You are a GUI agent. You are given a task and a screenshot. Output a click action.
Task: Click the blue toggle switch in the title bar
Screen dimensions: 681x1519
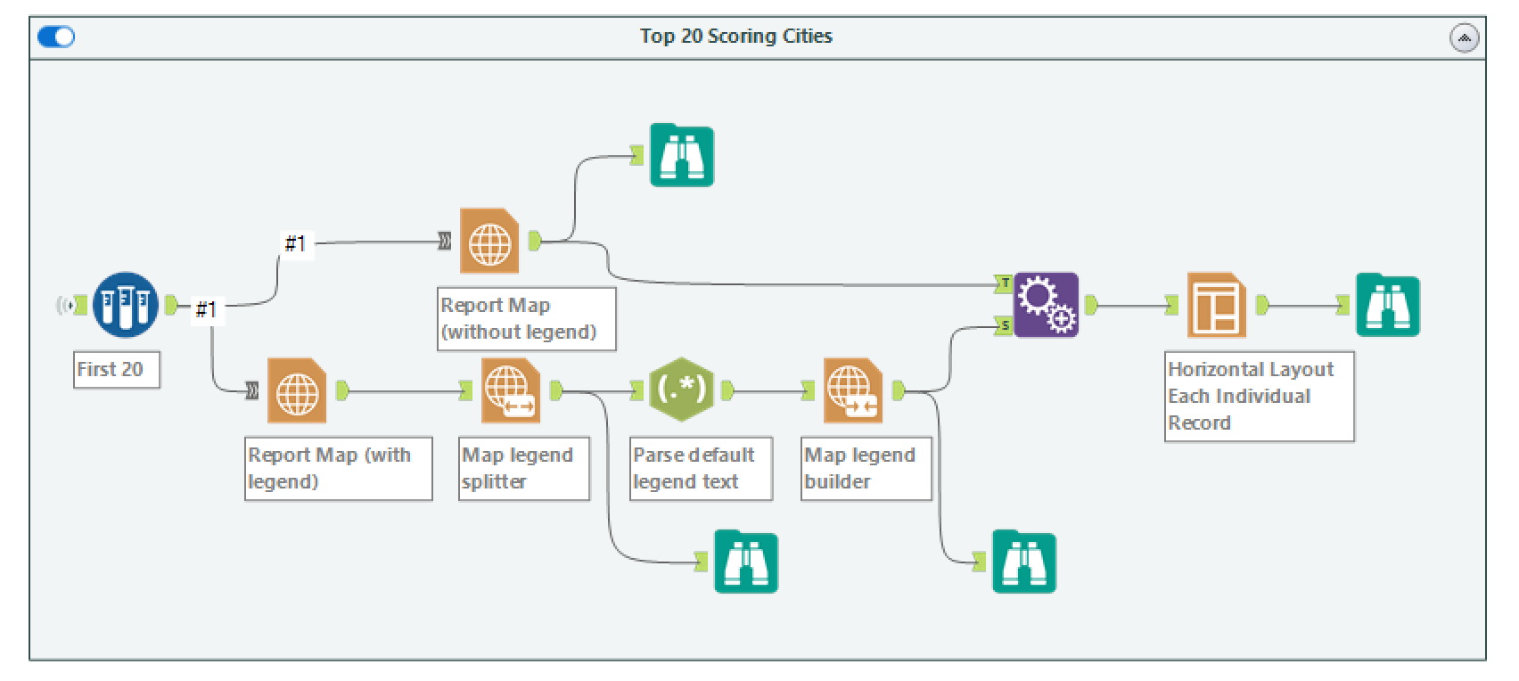pyautogui.click(x=56, y=37)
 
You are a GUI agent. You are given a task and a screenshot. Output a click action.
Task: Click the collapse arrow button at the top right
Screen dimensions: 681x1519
pyautogui.click(x=1464, y=37)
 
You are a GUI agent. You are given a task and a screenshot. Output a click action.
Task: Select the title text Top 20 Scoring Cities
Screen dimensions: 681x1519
pyautogui.click(x=735, y=37)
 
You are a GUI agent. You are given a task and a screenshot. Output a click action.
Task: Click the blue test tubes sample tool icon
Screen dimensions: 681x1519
pyautogui.click(x=126, y=305)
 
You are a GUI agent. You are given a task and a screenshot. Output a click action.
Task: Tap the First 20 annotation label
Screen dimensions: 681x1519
pyautogui.click(x=116, y=369)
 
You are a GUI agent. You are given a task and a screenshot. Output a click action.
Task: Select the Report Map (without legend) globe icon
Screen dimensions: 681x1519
pyautogui.click(x=489, y=241)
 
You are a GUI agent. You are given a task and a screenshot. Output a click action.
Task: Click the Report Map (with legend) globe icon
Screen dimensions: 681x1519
pyautogui.click(x=297, y=390)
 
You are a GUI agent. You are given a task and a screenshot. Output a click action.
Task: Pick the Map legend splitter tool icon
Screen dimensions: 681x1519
pyautogui.click(x=510, y=390)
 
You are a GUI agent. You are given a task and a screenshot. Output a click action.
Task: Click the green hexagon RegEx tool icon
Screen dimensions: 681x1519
pyautogui.click(x=681, y=390)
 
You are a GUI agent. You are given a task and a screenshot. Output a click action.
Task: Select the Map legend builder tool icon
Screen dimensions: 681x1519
pyautogui.click(x=852, y=390)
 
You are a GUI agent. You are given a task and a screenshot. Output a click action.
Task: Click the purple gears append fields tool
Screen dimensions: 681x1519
pyautogui.click(x=1047, y=305)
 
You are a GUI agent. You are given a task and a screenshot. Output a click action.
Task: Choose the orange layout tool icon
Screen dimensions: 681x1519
pyautogui.click(x=1216, y=305)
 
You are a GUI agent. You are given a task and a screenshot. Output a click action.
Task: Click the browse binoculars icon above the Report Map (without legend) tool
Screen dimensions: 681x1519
pyautogui.click(x=682, y=156)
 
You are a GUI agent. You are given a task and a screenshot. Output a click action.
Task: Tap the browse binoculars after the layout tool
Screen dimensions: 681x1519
pyautogui.click(x=1387, y=306)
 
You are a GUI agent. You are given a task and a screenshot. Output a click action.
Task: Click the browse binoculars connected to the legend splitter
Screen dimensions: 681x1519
pyautogui.click(x=746, y=562)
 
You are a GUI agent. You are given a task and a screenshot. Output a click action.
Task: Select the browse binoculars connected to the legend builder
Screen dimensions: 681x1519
pyautogui.click(x=1024, y=562)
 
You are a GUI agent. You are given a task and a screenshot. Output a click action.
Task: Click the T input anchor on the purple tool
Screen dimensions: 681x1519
pyautogui.click(x=1005, y=284)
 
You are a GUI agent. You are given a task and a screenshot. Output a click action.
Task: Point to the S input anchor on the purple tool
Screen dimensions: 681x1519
pyautogui.click(x=1005, y=326)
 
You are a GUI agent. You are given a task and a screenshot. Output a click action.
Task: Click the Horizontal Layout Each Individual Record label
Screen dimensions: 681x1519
pyautogui.click(x=1258, y=396)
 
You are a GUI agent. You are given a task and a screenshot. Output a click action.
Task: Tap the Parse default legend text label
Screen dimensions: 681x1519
pyautogui.click(x=700, y=468)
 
